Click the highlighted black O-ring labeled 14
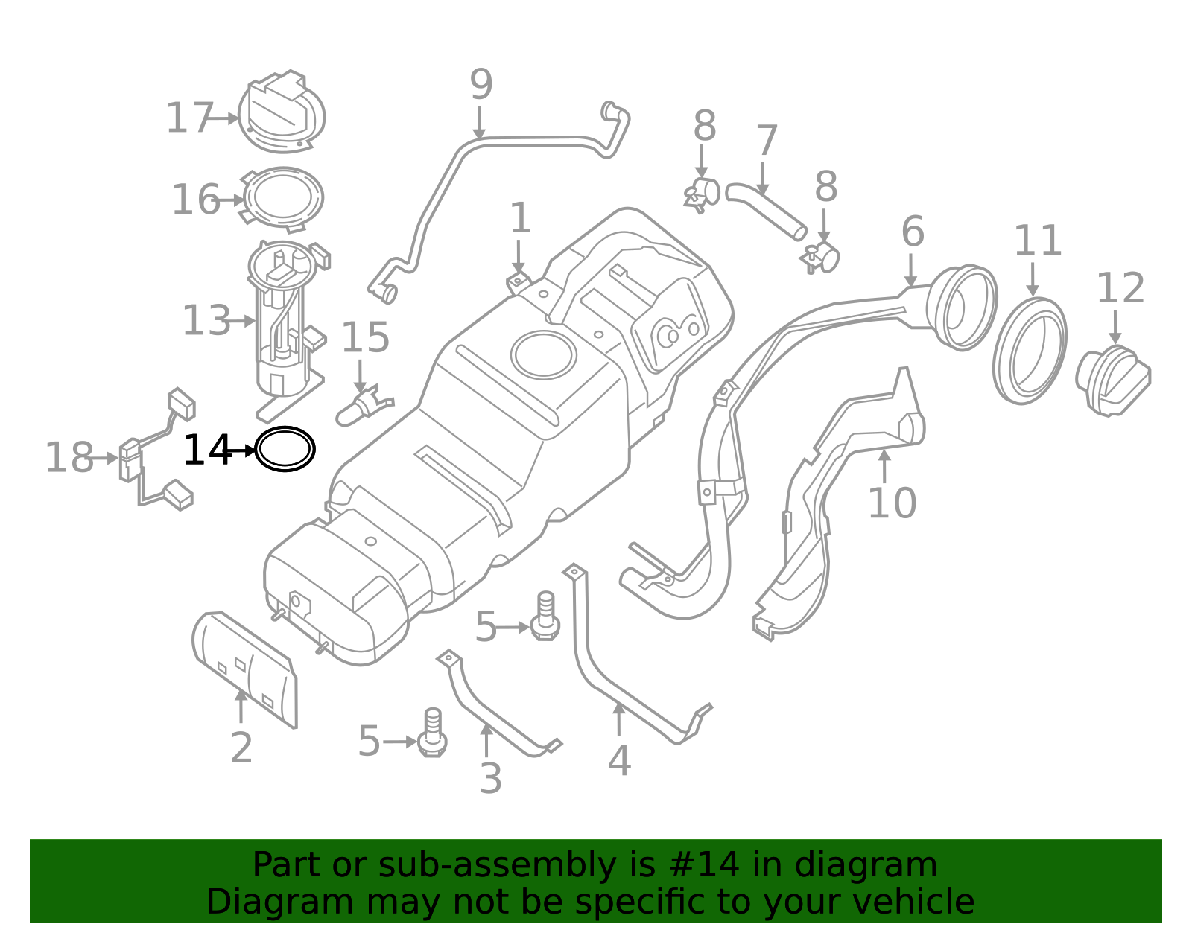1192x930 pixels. coord(285,449)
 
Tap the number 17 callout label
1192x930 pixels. coord(189,118)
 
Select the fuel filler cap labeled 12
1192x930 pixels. coord(1113,380)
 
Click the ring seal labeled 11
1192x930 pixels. coord(1030,351)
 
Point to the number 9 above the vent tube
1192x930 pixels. coord(481,85)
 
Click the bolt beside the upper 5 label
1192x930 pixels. coord(545,618)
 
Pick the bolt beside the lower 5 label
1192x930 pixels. coord(432,733)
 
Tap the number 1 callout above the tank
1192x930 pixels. coord(520,218)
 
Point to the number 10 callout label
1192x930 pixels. coord(892,503)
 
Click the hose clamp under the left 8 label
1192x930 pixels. coord(702,193)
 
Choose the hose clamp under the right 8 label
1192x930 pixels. coord(822,258)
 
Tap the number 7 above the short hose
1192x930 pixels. coord(767,141)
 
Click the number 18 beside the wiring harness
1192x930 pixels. coord(69,457)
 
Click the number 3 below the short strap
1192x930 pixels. coord(490,779)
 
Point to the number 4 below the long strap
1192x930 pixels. coord(619,761)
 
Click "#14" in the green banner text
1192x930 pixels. coord(704,865)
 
